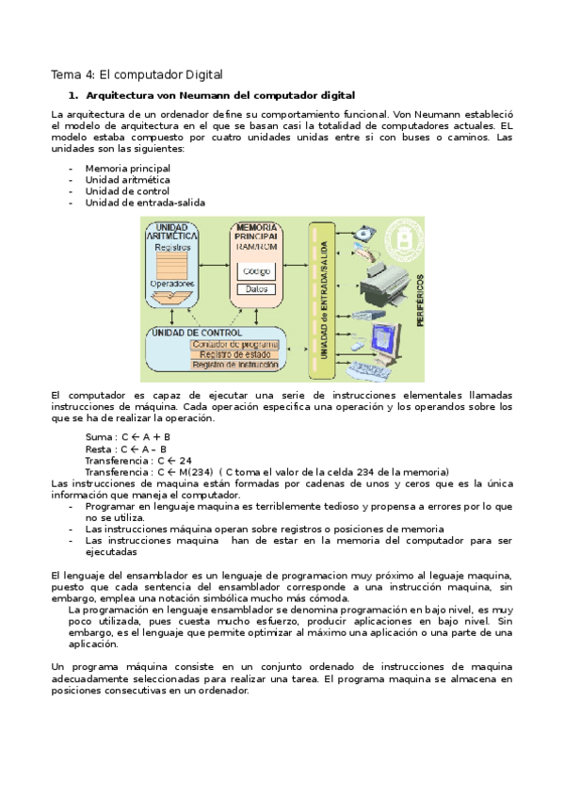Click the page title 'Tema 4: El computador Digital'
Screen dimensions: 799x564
[136, 74]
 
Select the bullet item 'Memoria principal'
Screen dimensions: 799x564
[127, 168]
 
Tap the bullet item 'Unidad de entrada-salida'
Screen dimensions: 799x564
[145, 202]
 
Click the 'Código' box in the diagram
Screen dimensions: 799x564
[255, 271]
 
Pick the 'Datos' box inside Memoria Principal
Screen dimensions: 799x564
[255, 289]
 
